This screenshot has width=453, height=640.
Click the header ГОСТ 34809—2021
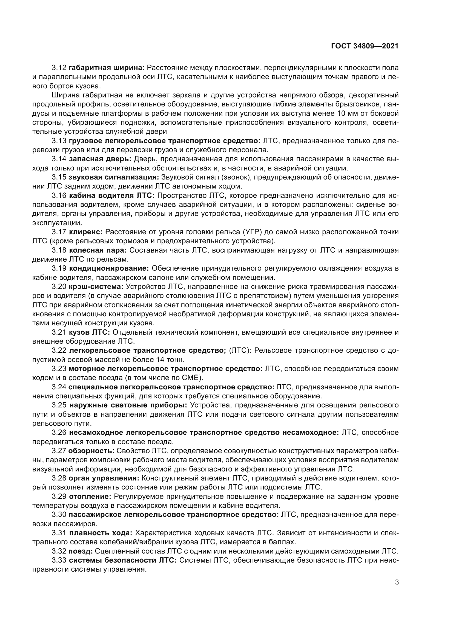click(365, 46)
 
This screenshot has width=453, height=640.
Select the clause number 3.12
click(59, 68)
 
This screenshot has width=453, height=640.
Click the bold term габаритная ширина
click(106, 68)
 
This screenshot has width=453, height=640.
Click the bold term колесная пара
click(98, 250)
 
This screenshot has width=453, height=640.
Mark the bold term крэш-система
click(96, 286)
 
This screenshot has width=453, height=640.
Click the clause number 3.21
click(59, 332)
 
